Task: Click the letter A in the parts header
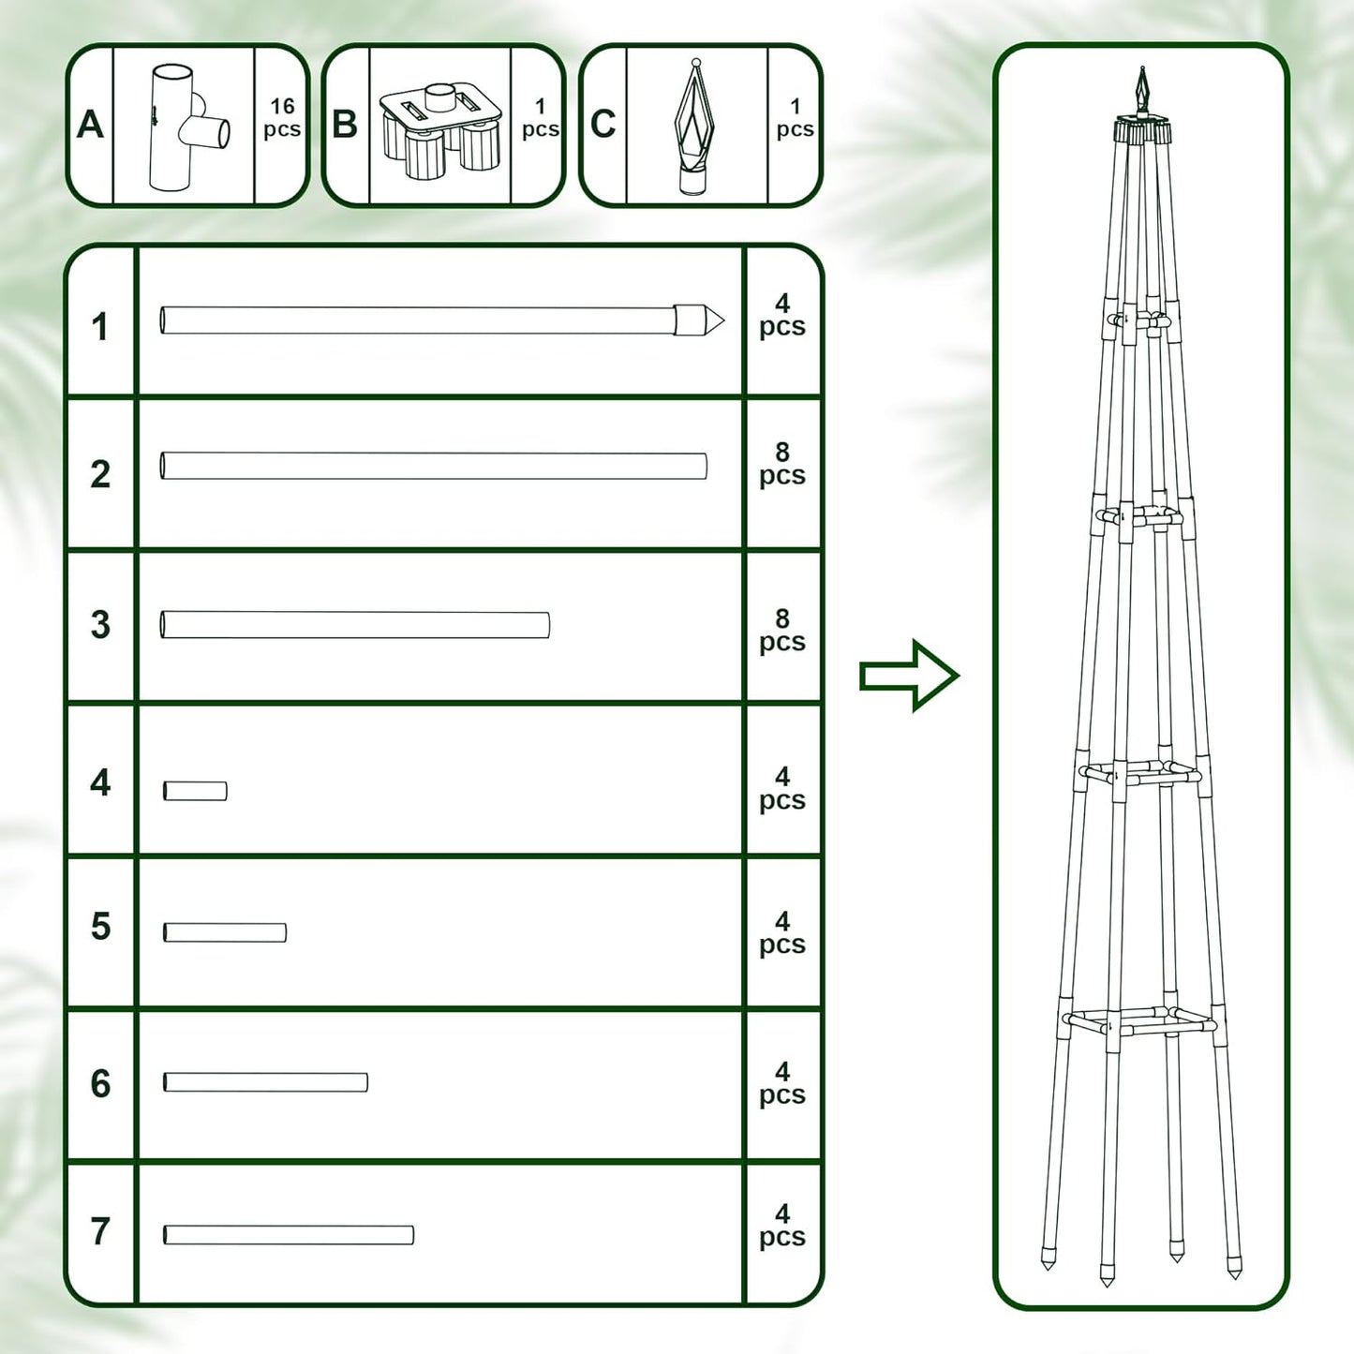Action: pyautogui.click(x=90, y=125)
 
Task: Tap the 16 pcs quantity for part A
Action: pyautogui.click(x=282, y=118)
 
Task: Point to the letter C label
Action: pyautogui.click(x=603, y=125)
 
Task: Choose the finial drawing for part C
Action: pyautogui.click(x=694, y=127)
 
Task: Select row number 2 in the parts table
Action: pyautogui.click(x=100, y=474)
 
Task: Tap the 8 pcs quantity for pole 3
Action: pyautogui.click(x=782, y=631)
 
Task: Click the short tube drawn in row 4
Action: pyautogui.click(x=195, y=791)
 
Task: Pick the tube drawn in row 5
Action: pyautogui.click(x=225, y=932)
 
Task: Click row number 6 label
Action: pyautogui.click(x=100, y=1084)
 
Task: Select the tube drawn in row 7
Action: pyautogui.click(x=289, y=1235)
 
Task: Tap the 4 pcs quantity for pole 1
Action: pyautogui.click(x=782, y=316)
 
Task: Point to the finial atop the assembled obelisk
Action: pyautogui.click(x=1141, y=91)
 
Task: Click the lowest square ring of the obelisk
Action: pyautogui.click(x=1140, y=1022)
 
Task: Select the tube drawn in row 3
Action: pyautogui.click(x=355, y=625)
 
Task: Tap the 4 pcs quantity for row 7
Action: pyautogui.click(x=782, y=1227)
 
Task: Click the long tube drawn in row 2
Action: pyautogui.click(x=433, y=466)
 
